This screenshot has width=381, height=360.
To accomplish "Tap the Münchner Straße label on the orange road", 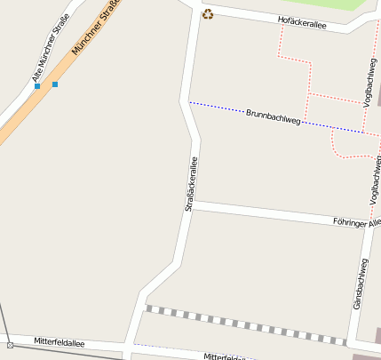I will click(95, 27).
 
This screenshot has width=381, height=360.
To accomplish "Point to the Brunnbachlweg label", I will click(274, 116).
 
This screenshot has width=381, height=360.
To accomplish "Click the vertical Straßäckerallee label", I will click(190, 184).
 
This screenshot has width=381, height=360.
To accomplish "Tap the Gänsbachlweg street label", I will click(360, 284).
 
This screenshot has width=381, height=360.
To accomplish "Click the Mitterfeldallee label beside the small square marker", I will click(60, 341).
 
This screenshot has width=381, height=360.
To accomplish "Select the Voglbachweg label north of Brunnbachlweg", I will click(369, 80).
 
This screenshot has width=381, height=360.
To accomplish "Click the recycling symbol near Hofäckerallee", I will click(208, 13).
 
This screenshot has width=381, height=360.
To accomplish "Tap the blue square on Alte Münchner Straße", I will click(37, 86).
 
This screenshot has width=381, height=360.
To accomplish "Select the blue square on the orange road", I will click(55, 84).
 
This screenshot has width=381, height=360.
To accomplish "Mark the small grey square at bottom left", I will click(10, 345).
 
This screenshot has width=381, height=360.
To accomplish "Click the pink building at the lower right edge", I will click(377, 335).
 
